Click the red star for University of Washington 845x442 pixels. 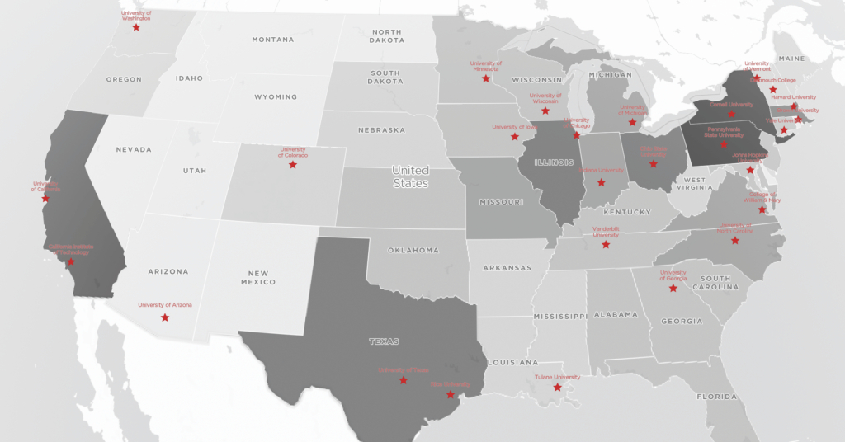click(136, 27)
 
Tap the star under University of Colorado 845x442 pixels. click(292, 165)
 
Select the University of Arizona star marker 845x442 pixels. click(165, 317)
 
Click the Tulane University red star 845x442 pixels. click(557, 388)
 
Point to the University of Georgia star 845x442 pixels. click(673, 288)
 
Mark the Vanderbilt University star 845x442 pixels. click(606, 245)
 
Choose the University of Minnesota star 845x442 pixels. click(486, 78)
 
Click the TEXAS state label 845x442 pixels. click(384, 341)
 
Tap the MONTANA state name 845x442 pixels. click(273, 40)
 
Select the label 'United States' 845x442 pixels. click(410, 176)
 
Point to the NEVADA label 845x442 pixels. click(134, 149)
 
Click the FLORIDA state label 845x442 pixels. click(715, 397)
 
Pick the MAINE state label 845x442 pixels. click(791, 59)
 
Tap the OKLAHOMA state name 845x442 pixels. click(413, 250)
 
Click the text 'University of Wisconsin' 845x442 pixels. click(545, 98)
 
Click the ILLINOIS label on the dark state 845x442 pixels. click(553, 162)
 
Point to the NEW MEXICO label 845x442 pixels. click(258, 277)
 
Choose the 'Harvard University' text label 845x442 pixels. click(793, 97)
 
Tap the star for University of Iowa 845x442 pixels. click(514, 137)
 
